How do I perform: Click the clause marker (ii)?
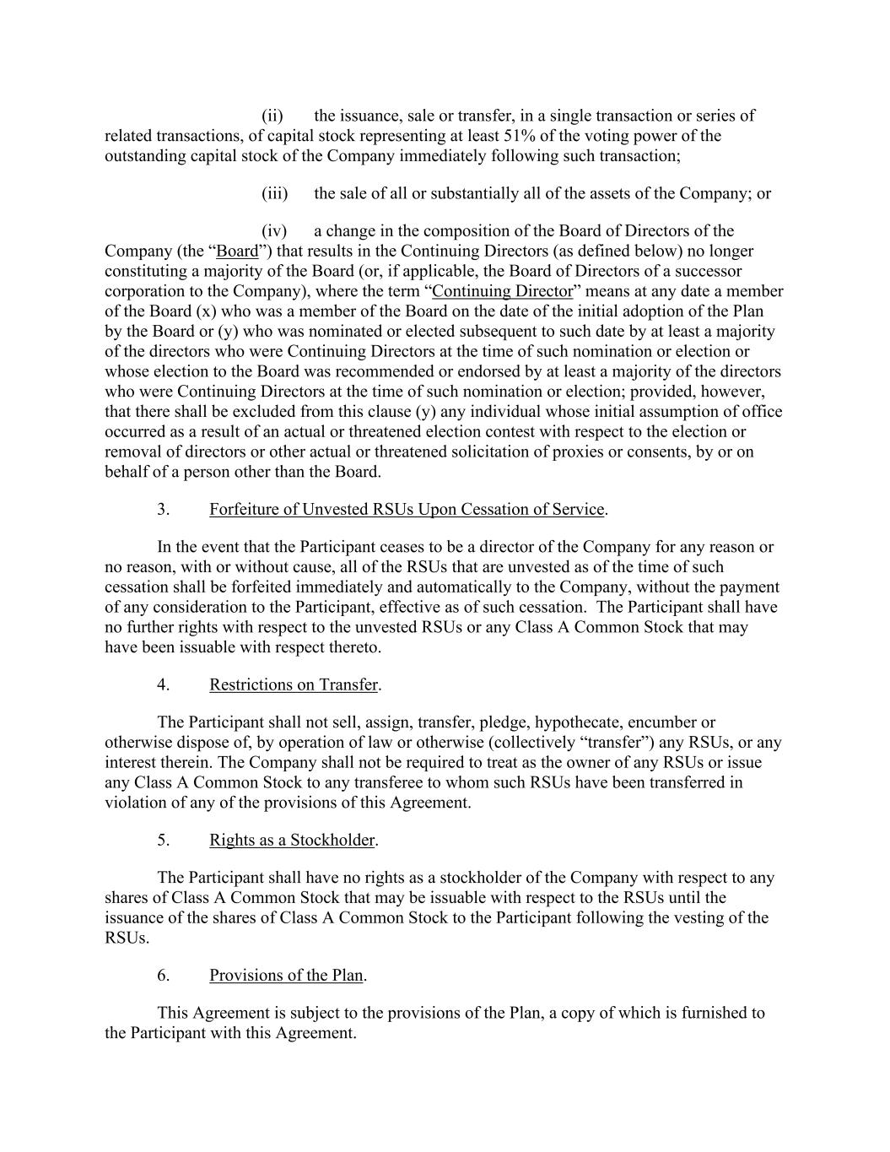(x=272, y=116)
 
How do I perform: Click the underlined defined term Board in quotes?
(x=237, y=251)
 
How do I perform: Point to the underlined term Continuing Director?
(x=502, y=291)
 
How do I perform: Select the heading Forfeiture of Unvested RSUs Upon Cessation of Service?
(x=407, y=509)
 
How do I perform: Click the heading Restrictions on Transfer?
(x=294, y=684)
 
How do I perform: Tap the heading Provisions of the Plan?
(x=286, y=975)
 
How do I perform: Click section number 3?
(x=163, y=509)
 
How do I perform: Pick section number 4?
(x=163, y=684)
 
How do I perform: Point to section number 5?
(x=163, y=840)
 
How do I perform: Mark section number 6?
(x=163, y=975)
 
